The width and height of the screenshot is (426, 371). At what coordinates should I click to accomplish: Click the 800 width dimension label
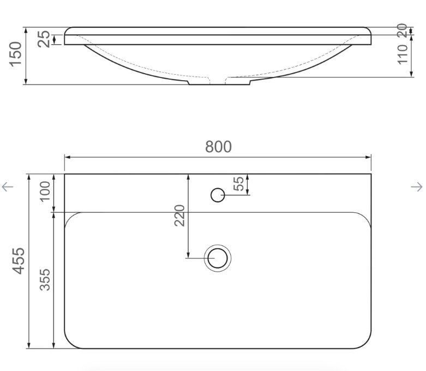(x=218, y=147)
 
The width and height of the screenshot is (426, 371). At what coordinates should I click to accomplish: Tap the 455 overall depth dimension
(x=19, y=261)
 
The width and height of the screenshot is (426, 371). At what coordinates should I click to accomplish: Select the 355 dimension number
(x=45, y=280)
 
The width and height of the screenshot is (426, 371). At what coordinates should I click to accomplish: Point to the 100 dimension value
(x=45, y=192)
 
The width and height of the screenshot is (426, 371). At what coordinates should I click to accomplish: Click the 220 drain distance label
(x=179, y=216)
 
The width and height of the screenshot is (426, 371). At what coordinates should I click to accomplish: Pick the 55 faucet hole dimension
(x=238, y=184)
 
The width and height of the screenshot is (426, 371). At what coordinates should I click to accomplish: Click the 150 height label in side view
(x=15, y=54)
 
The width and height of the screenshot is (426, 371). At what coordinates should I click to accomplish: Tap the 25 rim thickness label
(x=44, y=39)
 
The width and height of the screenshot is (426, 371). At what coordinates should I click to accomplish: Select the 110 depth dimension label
(x=403, y=55)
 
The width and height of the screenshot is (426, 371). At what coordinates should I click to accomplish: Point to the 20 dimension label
(x=402, y=31)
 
